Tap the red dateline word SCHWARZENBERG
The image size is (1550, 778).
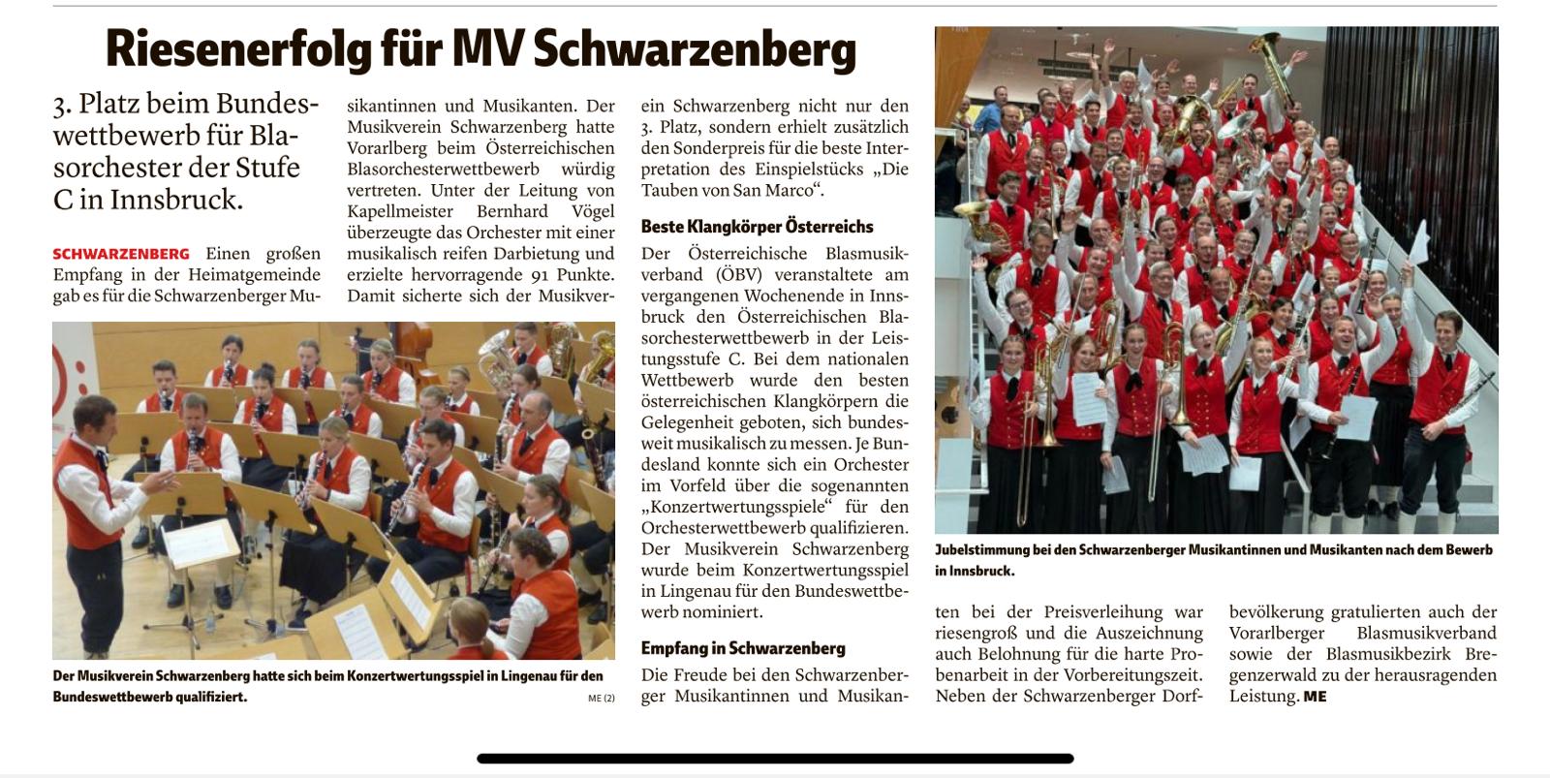point(121,254)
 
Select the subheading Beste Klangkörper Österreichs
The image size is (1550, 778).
point(757,227)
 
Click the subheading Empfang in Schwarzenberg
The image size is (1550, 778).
point(742,648)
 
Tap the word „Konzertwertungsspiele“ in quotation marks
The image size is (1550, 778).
point(736,507)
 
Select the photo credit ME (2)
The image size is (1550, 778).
point(601,698)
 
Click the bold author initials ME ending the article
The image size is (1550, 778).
point(1315,696)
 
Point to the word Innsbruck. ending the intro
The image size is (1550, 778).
point(189,200)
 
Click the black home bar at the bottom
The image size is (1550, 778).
point(775,759)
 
